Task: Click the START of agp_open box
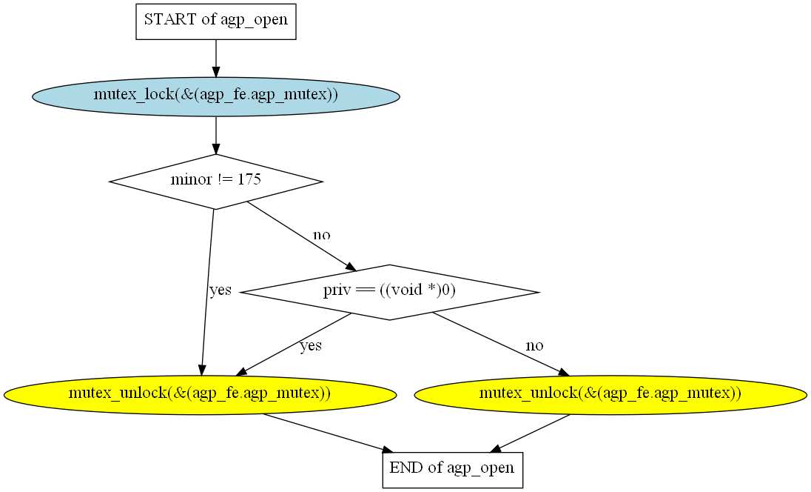pyautogui.click(x=216, y=20)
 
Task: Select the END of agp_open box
pyautogui.click(x=452, y=469)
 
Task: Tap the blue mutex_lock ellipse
pyautogui.click(x=216, y=96)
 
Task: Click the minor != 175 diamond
pyautogui.click(x=216, y=181)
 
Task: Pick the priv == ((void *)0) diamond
pyautogui.click(x=390, y=292)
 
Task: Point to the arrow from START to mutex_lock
pyautogui.click(x=216, y=58)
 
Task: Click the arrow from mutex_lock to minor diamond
pyautogui.click(x=216, y=135)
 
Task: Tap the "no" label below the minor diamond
pyautogui.click(x=321, y=235)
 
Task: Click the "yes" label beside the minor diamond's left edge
pyautogui.click(x=220, y=290)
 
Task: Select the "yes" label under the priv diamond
pyautogui.click(x=310, y=345)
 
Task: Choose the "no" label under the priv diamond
pyautogui.click(x=534, y=345)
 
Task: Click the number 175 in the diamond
pyautogui.click(x=249, y=180)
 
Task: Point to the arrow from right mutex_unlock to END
pyautogui.click(x=531, y=432)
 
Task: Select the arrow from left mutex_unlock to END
pyautogui.click(x=326, y=432)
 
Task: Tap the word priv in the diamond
pyautogui.click(x=336, y=291)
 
